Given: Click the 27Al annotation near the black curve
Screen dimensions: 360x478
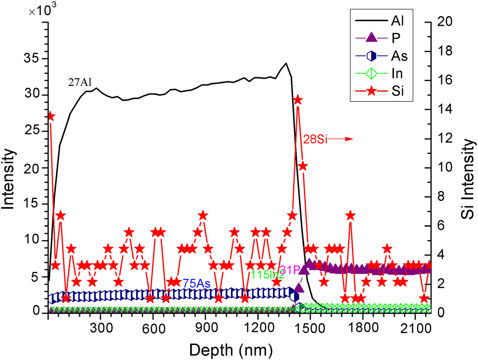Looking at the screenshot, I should click(x=79, y=82).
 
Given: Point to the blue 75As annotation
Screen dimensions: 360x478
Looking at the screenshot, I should click(x=197, y=283).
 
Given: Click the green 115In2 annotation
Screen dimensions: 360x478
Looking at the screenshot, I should click(x=268, y=274).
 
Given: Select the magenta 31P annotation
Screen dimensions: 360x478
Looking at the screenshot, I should click(x=290, y=270).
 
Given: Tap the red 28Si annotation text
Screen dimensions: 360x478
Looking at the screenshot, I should click(x=315, y=139).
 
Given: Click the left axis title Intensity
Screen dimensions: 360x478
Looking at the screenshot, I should click(x=9, y=178).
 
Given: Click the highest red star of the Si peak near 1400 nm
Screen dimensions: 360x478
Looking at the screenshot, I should click(x=298, y=100).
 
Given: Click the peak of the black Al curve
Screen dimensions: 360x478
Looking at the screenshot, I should click(x=286, y=63).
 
